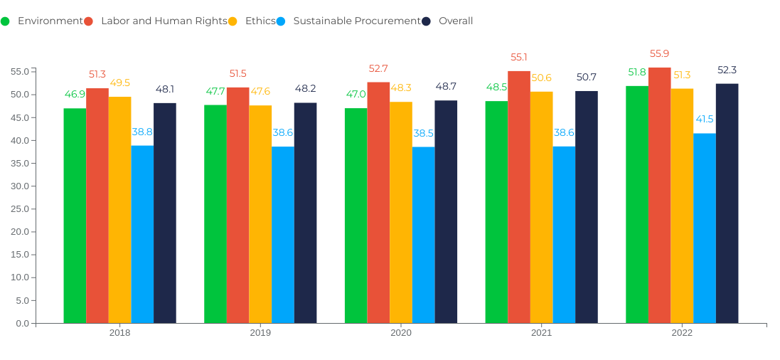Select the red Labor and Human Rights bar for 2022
pos(659,196)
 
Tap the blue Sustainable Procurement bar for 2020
pos(423,235)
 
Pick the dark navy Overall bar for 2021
pos(587,207)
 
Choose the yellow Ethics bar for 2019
pos(260,214)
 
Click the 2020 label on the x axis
pos(401,332)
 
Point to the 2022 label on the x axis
pos(682,332)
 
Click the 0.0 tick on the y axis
pos(22,324)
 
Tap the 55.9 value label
pos(659,53)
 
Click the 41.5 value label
pos(705,119)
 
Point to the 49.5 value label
pos(119,83)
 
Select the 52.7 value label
pos(378,68)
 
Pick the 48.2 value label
pos(305,88)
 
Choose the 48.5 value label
pos(496,87)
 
